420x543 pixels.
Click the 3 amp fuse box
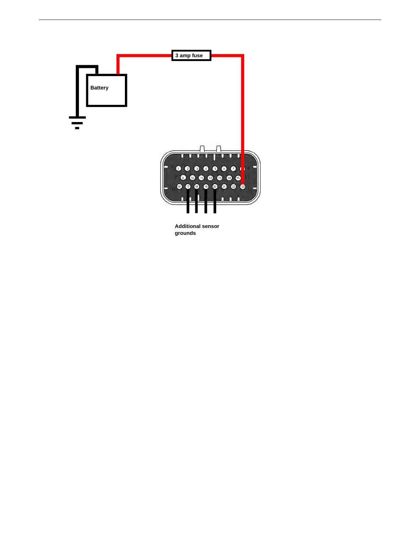point(191,56)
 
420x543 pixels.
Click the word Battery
point(99,88)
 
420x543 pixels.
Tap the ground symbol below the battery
point(77,122)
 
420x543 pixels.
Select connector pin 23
point(243,186)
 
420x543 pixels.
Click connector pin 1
point(178,168)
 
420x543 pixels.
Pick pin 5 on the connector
point(215,168)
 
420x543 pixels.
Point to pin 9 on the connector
point(183,178)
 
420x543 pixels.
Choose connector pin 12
point(210,178)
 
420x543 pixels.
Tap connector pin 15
point(238,178)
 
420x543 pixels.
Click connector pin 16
point(179,186)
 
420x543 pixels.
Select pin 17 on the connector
point(188,186)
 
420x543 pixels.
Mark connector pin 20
point(215,186)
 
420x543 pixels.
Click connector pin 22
point(233,186)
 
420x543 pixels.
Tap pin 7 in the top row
point(233,168)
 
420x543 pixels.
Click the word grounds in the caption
point(185,233)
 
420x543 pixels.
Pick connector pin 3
point(197,168)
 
